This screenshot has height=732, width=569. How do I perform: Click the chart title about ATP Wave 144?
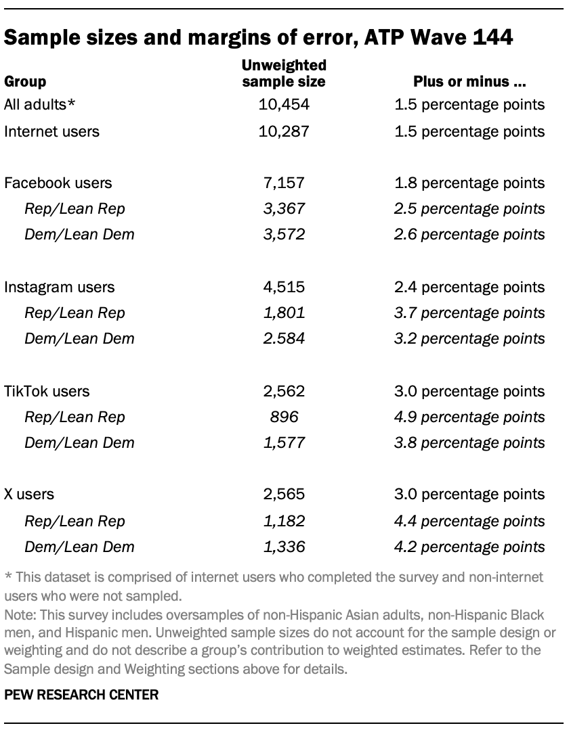pyautogui.click(x=258, y=38)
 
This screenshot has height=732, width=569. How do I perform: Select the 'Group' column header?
pyautogui.click(x=25, y=82)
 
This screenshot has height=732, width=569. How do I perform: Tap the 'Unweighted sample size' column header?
pyautogui.click(x=284, y=74)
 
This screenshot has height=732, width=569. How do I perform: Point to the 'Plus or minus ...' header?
pyautogui.click(x=470, y=82)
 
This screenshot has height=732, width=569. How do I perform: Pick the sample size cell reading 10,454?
pyautogui.click(x=284, y=105)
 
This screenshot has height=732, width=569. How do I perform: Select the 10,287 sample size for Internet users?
pyautogui.click(x=284, y=131)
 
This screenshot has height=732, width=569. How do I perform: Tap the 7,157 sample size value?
pyautogui.click(x=284, y=183)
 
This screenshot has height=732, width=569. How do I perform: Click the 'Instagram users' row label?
pyautogui.click(x=59, y=287)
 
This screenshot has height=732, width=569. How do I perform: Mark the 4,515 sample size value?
pyautogui.click(x=284, y=287)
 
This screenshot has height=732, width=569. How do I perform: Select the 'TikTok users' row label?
pyautogui.click(x=47, y=391)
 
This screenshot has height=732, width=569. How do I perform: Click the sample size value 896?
pyautogui.click(x=284, y=417)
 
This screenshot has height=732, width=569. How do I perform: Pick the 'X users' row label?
pyautogui.click(x=29, y=495)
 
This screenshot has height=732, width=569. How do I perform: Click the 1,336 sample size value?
pyautogui.click(x=284, y=547)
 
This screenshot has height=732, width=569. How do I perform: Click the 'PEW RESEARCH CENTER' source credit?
pyautogui.click(x=81, y=695)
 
